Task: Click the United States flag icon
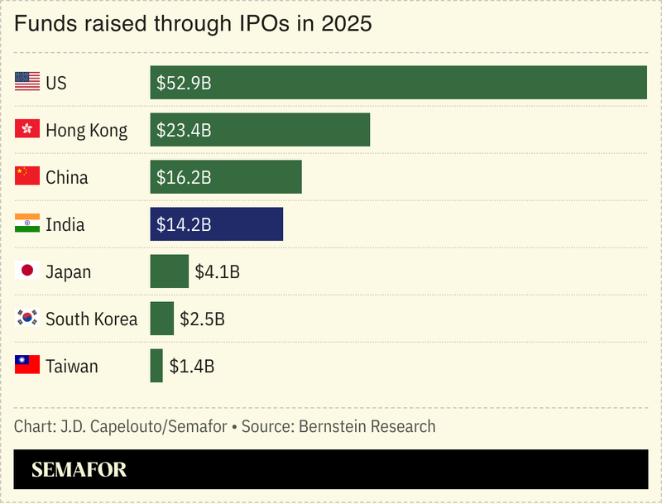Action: click(27, 82)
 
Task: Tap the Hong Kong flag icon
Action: click(27, 129)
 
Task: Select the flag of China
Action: click(27, 176)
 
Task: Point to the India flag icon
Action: click(27, 223)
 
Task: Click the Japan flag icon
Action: click(27, 271)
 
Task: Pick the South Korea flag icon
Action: click(27, 318)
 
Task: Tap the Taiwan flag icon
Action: click(27, 365)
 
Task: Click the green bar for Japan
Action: click(169, 271)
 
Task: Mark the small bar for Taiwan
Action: click(156, 366)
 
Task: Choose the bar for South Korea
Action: click(161, 319)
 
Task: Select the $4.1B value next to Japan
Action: click(217, 271)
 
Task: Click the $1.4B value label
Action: click(192, 366)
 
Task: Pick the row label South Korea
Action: click(91, 319)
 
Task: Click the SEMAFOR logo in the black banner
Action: click(79, 470)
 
